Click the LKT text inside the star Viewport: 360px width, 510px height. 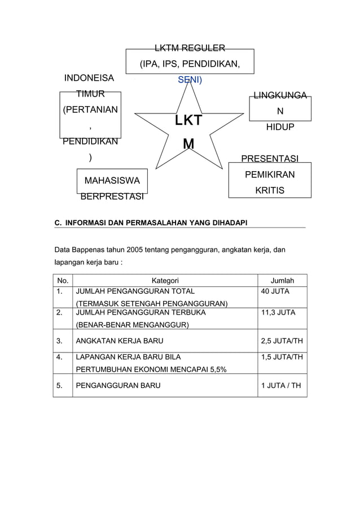click(x=188, y=121)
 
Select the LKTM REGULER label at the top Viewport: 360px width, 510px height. click(x=190, y=47)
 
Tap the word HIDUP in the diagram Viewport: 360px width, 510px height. click(x=280, y=128)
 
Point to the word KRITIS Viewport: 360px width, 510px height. click(x=269, y=191)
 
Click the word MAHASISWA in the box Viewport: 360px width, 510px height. click(x=112, y=181)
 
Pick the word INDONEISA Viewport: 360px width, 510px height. click(x=90, y=78)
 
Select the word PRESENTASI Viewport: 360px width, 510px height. click(x=270, y=159)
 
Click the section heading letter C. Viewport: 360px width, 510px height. click(x=57, y=223)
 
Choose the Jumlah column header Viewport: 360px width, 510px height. click(x=282, y=280)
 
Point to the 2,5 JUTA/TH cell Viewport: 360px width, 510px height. click(x=281, y=341)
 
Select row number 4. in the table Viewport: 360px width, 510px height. click(x=60, y=357)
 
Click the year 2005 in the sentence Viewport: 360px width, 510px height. click(x=134, y=250)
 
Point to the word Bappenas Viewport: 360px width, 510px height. click(x=91, y=250)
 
